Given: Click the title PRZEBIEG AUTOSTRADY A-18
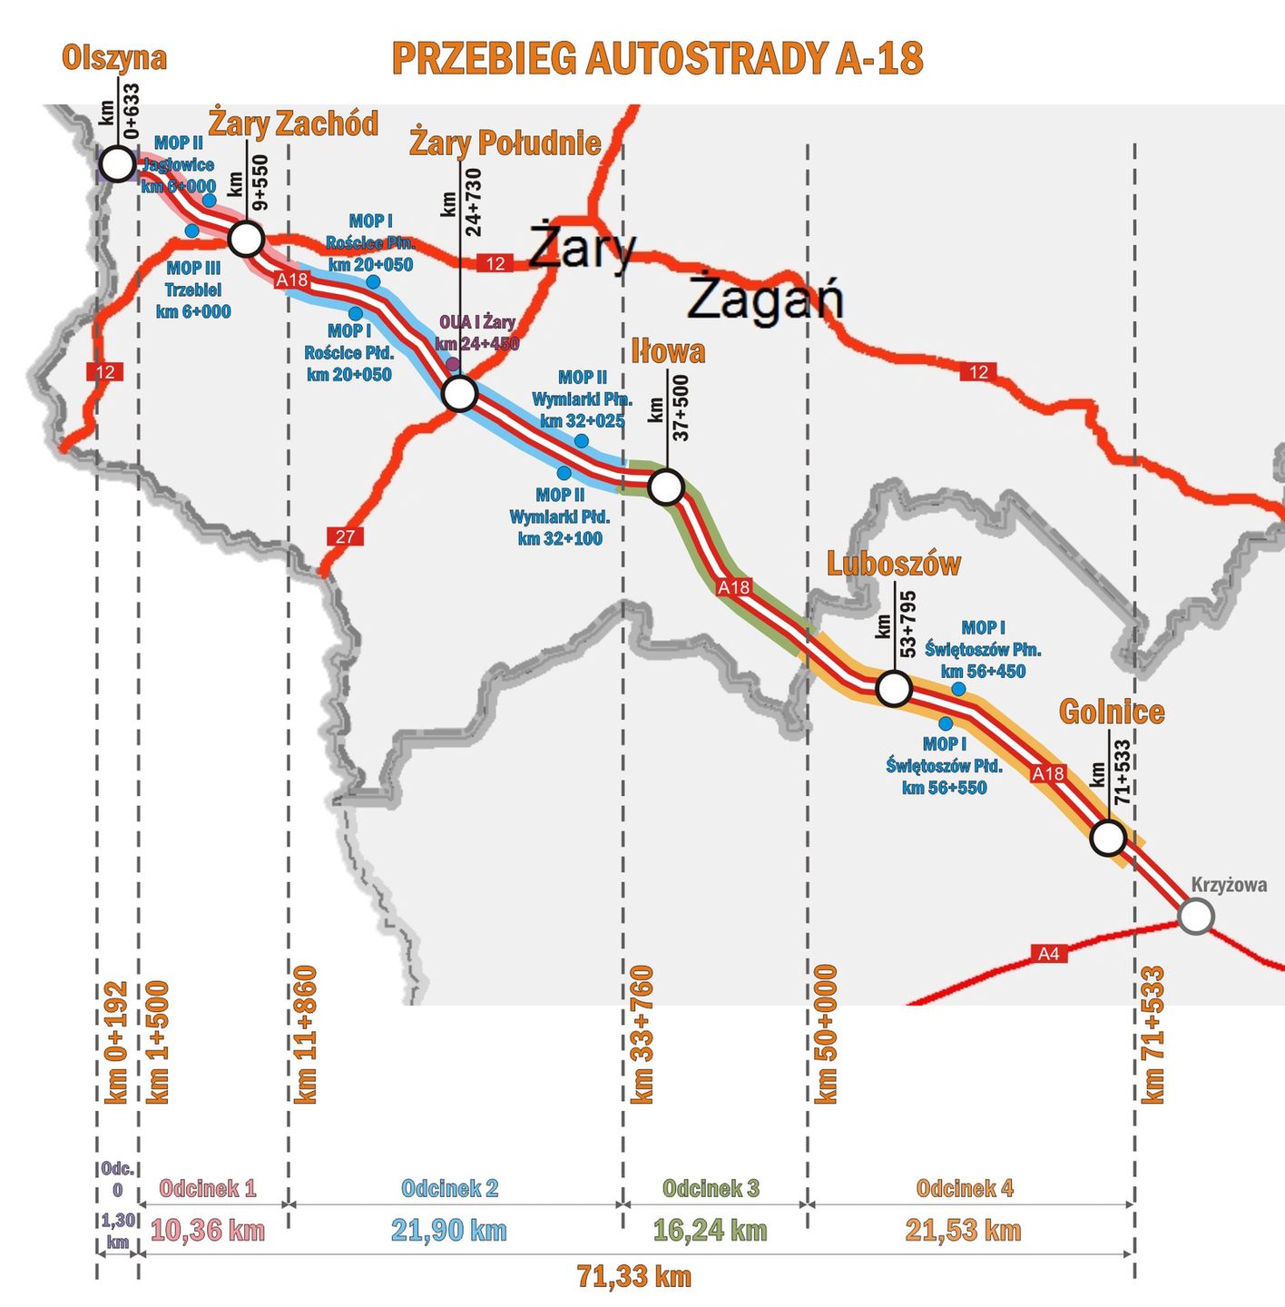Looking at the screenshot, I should click(x=657, y=58).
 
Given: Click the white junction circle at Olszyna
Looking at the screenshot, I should click(x=117, y=164).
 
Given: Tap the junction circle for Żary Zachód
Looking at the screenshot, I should click(x=246, y=239).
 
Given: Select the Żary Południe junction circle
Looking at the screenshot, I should click(x=459, y=394).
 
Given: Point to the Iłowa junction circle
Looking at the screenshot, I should click(x=666, y=487).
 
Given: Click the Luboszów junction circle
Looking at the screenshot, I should click(x=893, y=689).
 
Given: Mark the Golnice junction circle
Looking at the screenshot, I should click(x=1107, y=838).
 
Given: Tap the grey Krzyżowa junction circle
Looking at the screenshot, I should click(x=1196, y=916).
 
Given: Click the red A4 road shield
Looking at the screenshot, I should click(x=1048, y=953).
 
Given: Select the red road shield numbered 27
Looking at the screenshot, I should click(x=345, y=536).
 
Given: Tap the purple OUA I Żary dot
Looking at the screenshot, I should click(x=452, y=365).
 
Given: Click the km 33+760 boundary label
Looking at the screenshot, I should click(x=642, y=1035).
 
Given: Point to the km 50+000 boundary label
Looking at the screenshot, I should click(x=826, y=1035).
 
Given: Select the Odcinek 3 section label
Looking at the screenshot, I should click(x=711, y=1188).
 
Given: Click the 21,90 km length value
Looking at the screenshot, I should click(x=449, y=1231).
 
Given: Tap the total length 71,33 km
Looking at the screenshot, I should click(x=633, y=1276).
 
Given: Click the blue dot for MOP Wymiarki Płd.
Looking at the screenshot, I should click(x=564, y=473).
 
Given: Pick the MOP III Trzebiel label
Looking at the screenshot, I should click(x=193, y=290).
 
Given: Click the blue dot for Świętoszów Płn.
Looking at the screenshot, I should click(x=958, y=689).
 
